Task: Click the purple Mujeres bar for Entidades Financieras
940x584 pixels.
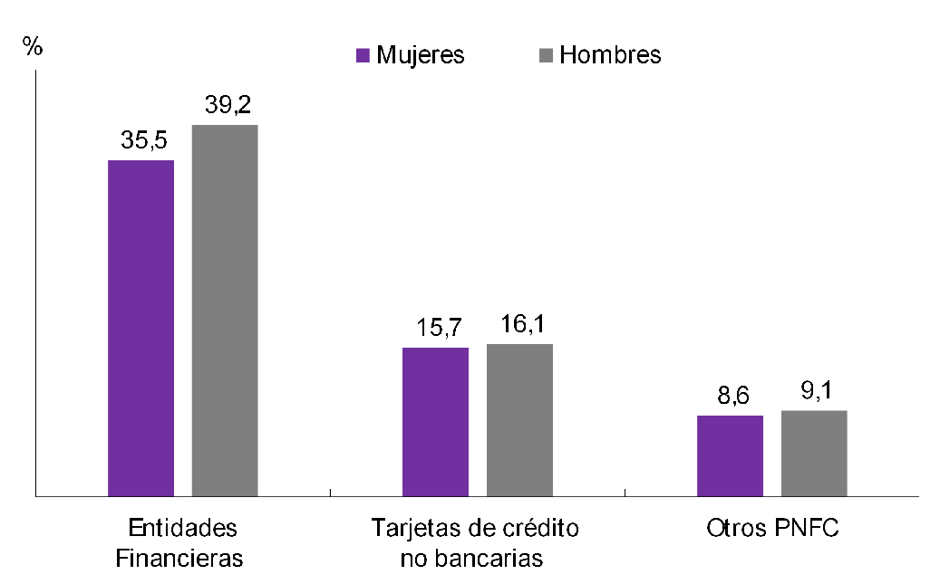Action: click(141, 328)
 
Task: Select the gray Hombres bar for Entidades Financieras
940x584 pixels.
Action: click(225, 310)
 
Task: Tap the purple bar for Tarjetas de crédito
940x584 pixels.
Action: click(435, 421)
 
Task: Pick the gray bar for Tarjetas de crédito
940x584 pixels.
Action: click(519, 419)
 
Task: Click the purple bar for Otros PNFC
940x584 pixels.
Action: click(730, 455)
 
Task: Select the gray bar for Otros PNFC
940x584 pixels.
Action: click(814, 453)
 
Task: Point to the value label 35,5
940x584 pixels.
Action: click(142, 141)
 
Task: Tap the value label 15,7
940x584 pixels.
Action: click(437, 328)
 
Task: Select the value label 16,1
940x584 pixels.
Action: click(521, 324)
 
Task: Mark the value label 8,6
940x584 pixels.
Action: click(731, 396)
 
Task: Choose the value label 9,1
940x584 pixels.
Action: click(815, 391)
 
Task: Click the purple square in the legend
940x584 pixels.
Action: click(363, 55)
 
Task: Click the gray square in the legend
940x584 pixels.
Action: click(546, 55)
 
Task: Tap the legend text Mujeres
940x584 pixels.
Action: click(420, 55)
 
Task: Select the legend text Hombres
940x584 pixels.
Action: click(610, 55)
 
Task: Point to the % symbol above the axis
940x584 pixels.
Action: click(33, 48)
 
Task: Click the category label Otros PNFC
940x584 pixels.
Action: click(772, 529)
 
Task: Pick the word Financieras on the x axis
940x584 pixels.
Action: click(179, 558)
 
